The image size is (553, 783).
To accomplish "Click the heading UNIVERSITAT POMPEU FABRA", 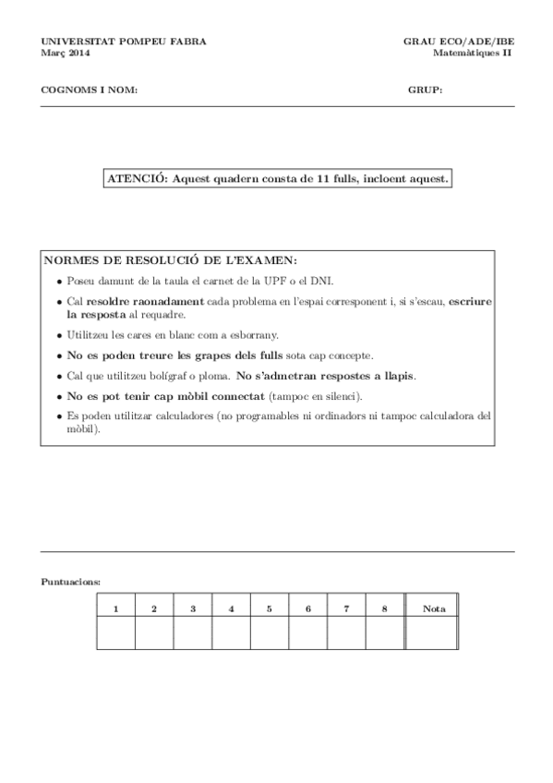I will click(x=124, y=42).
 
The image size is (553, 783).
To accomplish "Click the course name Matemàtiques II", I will click(x=472, y=53).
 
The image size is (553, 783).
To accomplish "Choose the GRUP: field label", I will click(x=426, y=90).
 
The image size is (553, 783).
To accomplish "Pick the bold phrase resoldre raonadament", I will click(x=145, y=301).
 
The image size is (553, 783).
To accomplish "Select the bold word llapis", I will click(x=395, y=376).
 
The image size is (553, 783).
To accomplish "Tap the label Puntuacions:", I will click(x=71, y=582).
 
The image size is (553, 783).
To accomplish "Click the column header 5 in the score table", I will click(x=270, y=608).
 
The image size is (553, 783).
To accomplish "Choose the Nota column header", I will click(x=433, y=608).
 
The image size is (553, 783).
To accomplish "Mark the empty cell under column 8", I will click(x=385, y=633).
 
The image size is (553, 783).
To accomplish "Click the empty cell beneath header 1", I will click(x=116, y=633).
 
